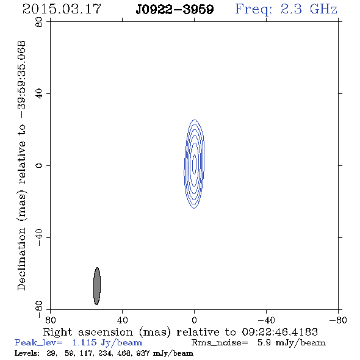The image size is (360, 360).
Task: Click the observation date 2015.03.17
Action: point(62,9)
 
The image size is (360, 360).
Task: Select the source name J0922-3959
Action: point(175,10)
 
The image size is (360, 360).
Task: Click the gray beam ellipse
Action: point(97,286)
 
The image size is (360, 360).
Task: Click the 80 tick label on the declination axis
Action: point(39,22)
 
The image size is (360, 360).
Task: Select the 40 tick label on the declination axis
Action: point(39,94)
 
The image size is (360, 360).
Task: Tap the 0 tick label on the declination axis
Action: point(39,165)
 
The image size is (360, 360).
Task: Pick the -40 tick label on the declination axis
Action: point(39,237)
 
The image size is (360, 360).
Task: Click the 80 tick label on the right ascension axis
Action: point(50,320)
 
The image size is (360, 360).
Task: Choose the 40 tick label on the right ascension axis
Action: point(123,320)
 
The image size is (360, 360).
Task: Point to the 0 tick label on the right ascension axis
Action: point(195,320)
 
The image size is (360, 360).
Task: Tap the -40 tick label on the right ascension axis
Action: point(266,320)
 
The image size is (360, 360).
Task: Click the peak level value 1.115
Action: point(84,342)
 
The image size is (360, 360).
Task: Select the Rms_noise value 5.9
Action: point(264,342)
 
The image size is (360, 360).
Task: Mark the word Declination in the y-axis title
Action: point(21,259)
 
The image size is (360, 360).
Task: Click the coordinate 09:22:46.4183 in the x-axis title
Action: point(280,332)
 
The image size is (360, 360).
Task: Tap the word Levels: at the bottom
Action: point(27,353)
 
